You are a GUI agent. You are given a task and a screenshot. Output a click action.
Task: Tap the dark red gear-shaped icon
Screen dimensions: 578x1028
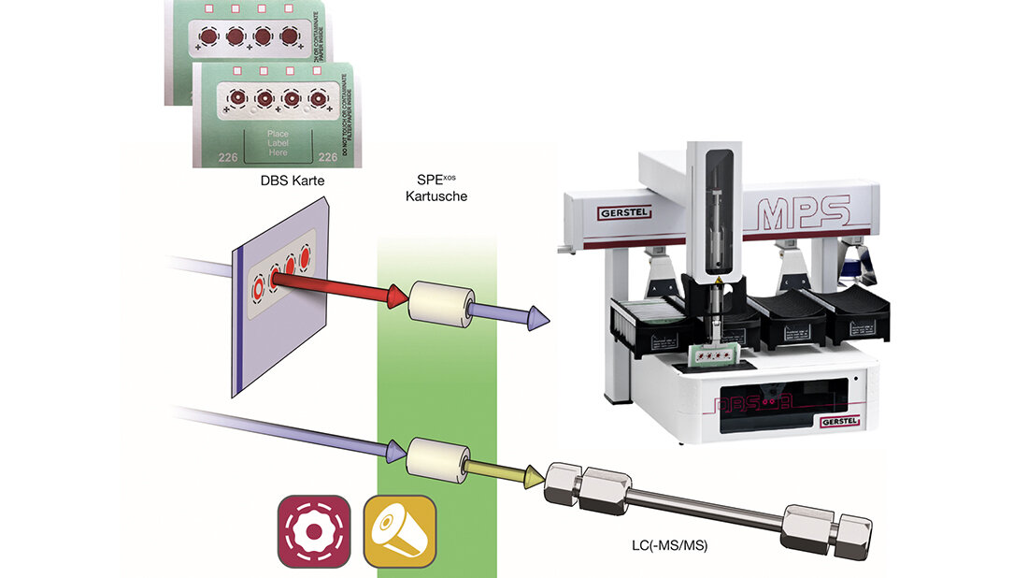tap(314, 531)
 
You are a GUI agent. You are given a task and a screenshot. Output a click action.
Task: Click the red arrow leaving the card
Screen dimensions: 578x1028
tap(345, 285)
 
